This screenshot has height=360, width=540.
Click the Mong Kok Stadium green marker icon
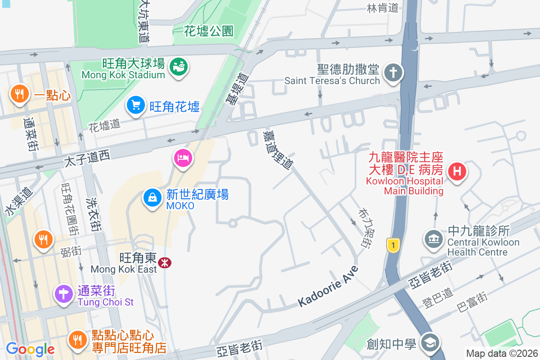179,67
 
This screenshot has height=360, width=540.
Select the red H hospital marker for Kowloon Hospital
457,171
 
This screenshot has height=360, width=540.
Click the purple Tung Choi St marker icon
64,294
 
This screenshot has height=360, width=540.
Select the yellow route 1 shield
393,245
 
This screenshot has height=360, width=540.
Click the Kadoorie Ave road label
328,287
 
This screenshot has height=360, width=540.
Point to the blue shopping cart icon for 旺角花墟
135,105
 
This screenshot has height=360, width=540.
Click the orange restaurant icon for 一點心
18,94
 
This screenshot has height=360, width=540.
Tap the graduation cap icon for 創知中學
430,343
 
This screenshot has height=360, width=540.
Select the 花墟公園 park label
209,31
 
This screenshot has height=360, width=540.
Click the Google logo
30,349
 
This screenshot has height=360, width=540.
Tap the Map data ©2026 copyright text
501,353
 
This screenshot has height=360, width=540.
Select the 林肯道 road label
383,8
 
